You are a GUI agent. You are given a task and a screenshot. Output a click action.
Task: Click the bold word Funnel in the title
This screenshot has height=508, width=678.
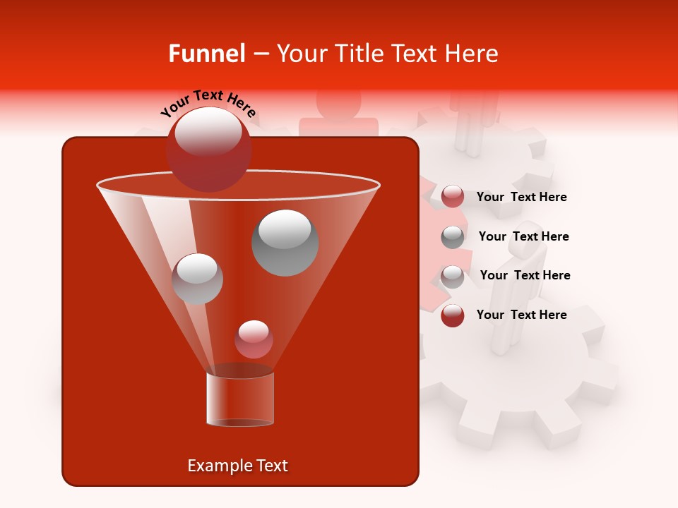coord(206,54)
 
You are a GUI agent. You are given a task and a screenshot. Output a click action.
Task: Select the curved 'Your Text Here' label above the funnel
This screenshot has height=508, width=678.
coord(208,103)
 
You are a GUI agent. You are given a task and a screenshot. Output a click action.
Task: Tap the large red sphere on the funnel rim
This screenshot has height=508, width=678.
coord(208,149)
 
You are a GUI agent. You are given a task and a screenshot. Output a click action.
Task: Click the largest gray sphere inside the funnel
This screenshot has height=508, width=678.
coord(285,242)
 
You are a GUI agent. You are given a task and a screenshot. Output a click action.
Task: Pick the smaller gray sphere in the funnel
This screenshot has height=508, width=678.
coord(198,278)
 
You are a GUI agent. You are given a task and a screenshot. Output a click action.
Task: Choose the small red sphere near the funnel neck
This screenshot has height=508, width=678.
coord(254,339)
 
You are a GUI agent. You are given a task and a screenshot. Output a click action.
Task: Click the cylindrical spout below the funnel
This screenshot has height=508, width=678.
coord(240,399)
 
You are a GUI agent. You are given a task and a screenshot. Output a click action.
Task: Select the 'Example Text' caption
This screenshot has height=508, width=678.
coord(237,466)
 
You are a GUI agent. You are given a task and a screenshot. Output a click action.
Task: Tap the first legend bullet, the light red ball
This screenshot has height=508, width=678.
coord(453,197)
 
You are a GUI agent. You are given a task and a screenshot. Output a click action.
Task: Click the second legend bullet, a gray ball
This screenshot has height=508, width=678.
coord(453,236)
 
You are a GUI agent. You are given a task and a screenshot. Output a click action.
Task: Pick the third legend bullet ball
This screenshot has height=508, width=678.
coord(453,276)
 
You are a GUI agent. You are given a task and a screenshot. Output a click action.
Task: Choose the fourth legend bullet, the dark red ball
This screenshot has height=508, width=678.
coord(453,315)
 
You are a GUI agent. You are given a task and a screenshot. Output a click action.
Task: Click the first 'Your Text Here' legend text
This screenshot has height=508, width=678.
coord(521,197)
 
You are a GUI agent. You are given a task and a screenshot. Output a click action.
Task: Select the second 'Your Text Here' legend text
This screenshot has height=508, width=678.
coord(523,236)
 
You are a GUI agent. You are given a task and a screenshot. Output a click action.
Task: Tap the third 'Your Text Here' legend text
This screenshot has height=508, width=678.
coord(525,275)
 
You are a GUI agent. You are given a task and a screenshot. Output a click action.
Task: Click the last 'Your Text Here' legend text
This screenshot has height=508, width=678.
coord(521,315)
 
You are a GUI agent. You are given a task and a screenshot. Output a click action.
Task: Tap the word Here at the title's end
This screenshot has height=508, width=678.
coord(475,54)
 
